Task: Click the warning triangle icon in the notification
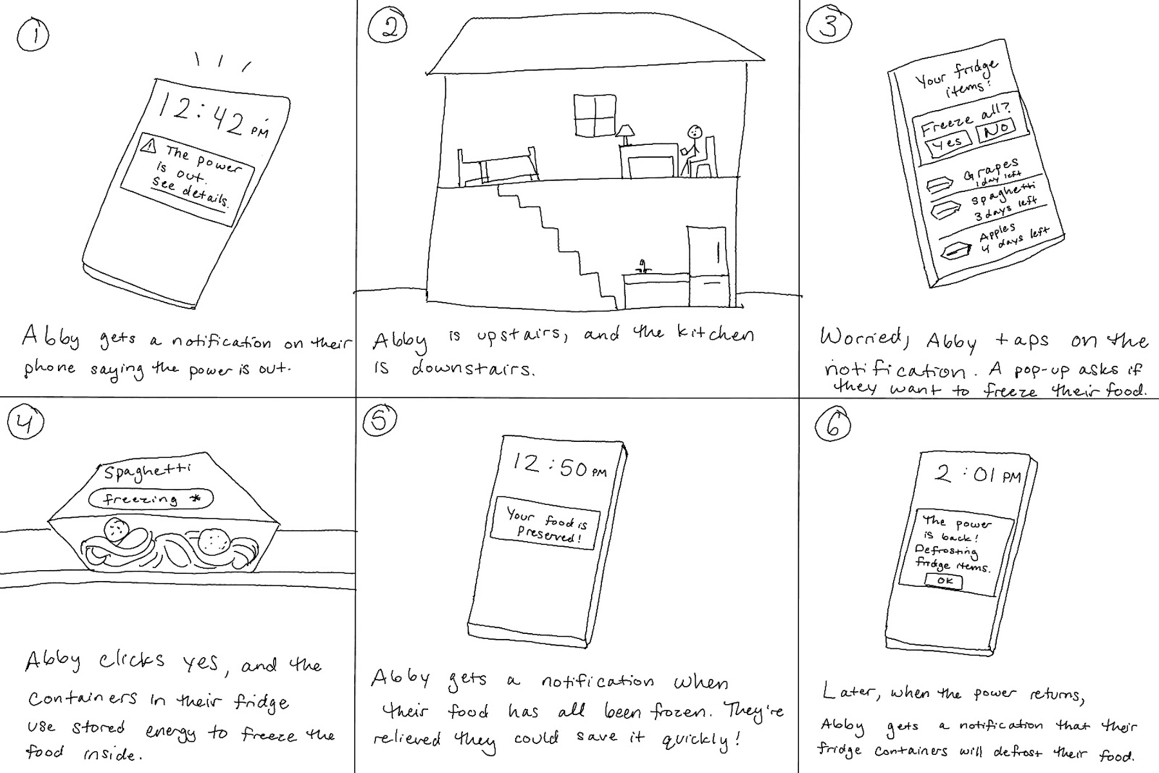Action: (150, 146)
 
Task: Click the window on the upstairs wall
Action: (594, 114)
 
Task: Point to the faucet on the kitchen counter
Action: (641, 264)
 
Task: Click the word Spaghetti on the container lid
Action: (148, 471)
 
